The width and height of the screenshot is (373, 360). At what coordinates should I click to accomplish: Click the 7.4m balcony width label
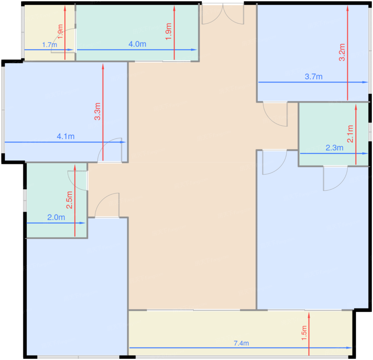[241, 343]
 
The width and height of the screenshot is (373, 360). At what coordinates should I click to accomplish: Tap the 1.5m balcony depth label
[304, 333]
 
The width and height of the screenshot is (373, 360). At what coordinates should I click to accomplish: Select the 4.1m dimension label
[66, 137]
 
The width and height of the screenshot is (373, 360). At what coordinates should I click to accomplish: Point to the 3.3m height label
[97, 111]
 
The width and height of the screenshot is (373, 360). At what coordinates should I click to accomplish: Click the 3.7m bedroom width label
[314, 77]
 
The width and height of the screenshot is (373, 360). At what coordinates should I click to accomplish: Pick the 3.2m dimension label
[342, 52]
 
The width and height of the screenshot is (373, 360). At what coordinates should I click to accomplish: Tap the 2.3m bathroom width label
[334, 148]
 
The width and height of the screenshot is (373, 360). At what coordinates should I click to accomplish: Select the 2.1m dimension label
[350, 134]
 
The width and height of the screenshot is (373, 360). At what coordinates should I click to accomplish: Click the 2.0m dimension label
[56, 217]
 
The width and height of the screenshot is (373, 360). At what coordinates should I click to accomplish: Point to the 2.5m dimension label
[69, 200]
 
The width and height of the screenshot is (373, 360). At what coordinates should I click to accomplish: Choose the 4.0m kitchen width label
[137, 44]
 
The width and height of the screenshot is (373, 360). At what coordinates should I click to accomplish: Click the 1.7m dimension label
[50, 45]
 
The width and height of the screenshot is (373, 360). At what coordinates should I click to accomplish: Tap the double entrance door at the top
[223, 14]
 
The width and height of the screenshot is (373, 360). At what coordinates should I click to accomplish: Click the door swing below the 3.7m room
[275, 114]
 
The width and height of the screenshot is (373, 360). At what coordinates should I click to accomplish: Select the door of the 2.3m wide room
[335, 178]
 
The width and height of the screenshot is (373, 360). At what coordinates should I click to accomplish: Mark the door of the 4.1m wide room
[110, 150]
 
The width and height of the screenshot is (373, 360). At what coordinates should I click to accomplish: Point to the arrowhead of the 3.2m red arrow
[347, 8]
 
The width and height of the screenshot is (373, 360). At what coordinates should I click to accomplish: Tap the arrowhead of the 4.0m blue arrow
[194, 50]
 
